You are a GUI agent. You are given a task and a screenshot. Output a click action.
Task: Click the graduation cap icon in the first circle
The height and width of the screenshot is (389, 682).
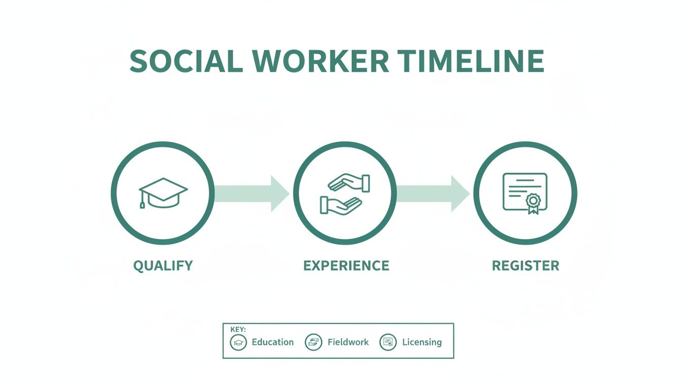162,192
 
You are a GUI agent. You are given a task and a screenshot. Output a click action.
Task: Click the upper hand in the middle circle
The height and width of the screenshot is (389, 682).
349,183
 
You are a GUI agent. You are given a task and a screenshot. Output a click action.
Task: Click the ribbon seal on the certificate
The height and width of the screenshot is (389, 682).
533,203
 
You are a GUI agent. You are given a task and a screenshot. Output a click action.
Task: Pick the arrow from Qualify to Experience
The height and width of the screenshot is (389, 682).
252,193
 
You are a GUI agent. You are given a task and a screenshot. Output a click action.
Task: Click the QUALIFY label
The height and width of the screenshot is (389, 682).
163,265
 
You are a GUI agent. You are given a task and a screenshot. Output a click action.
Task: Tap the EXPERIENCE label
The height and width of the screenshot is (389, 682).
346,265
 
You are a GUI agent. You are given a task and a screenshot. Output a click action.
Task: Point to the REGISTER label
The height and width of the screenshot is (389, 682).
526,265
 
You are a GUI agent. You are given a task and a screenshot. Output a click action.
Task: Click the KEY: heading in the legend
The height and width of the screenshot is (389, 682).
238,329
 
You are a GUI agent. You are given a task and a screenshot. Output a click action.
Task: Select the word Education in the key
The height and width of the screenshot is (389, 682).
272,342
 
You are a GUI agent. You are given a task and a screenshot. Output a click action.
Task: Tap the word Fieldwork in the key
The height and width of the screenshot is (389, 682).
348,342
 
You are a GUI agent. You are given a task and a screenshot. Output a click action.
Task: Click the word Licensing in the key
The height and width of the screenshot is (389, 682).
422,342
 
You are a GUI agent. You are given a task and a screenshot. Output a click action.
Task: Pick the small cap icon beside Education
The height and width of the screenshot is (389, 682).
238,342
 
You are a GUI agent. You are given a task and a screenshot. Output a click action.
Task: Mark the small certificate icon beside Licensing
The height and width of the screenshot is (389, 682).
388,342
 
